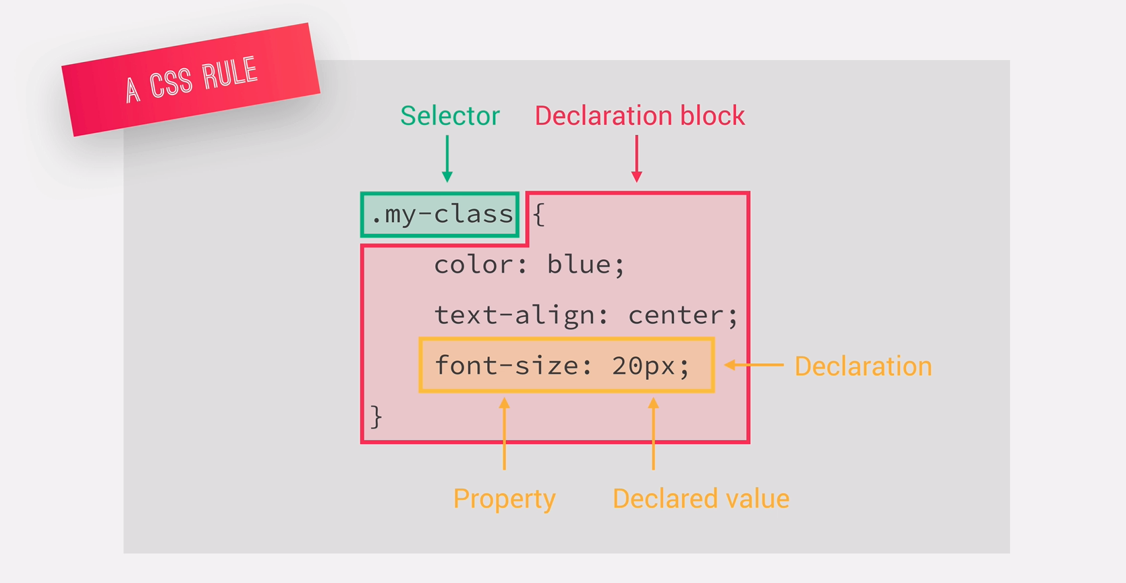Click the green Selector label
(449, 116)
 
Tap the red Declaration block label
(640, 116)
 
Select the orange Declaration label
(863, 366)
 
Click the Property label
(504, 499)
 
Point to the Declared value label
(700, 499)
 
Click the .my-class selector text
(442, 215)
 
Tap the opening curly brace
(538, 215)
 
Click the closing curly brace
(376, 416)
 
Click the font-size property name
(506, 366)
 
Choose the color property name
(474, 265)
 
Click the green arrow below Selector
(447, 159)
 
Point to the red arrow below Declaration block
(636, 159)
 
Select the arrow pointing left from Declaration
(754, 365)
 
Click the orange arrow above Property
(504, 434)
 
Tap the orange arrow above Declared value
(653, 434)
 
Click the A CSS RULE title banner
(191, 80)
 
